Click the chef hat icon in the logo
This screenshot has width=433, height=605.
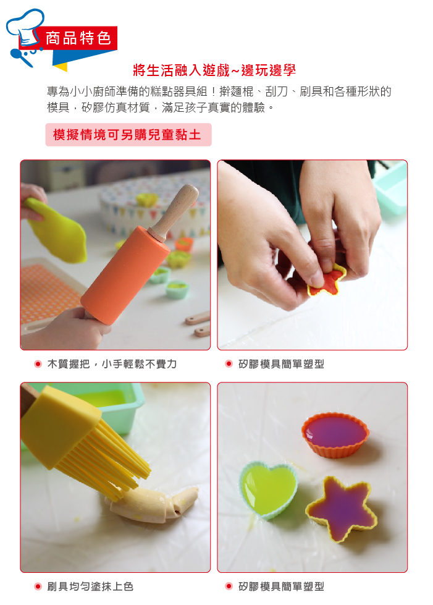click(25, 28)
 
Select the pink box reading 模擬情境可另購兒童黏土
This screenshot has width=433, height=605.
click(128, 135)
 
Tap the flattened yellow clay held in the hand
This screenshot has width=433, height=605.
click(56, 229)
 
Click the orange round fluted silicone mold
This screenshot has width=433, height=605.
click(335, 433)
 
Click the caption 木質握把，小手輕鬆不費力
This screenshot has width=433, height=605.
click(112, 364)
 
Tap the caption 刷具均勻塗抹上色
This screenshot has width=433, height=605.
click(90, 586)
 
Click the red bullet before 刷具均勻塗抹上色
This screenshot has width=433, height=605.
click(38, 586)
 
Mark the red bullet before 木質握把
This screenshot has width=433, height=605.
click(38, 364)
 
